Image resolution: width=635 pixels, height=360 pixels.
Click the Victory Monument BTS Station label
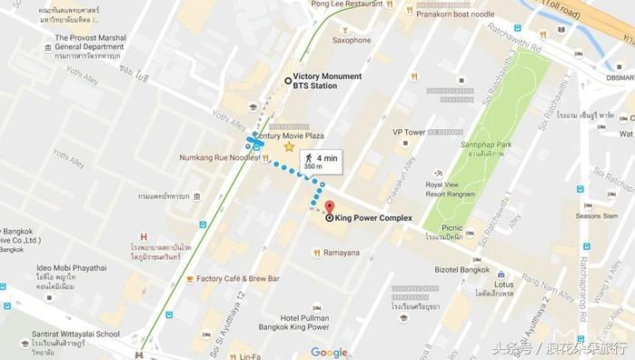click(x=323, y=81)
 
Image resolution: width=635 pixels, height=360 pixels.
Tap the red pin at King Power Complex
click(x=329, y=207)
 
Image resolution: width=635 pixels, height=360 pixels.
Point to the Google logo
click(x=329, y=353)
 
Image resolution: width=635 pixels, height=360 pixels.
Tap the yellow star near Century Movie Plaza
click(x=289, y=146)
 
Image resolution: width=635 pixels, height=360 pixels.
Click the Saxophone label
click(x=352, y=40)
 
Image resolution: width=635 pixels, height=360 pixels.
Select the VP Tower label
click(x=409, y=132)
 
